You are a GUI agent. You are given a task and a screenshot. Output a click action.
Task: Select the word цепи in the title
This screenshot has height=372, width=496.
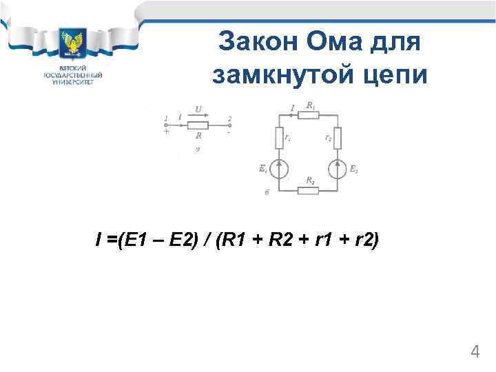(395, 74)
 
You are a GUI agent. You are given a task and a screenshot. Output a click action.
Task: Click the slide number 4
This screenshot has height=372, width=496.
(475, 352)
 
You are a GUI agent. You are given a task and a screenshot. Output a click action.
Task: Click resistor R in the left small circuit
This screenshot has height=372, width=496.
(198, 125)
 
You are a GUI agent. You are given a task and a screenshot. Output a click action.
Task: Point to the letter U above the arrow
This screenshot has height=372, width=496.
(198, 109)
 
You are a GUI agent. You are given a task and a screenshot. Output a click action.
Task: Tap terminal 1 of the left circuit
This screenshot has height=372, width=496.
(167, 118)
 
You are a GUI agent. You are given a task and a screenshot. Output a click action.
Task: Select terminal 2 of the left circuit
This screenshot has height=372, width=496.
(230, 118)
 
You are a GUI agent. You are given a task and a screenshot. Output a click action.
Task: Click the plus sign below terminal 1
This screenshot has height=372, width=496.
(166, 132)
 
